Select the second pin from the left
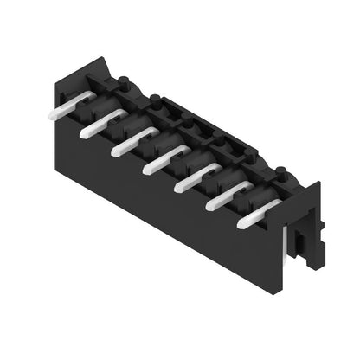tap(95, 129)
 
